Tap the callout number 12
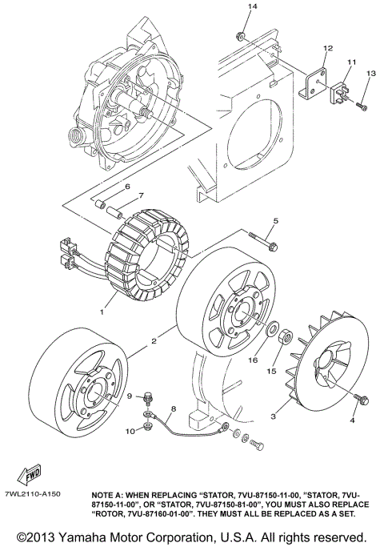[x=327, y=49]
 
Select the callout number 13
[x=370, y=74]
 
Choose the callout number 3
[x=274, y=416]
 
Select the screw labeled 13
[x=361, y=103]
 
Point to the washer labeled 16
[x=273, y=328]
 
